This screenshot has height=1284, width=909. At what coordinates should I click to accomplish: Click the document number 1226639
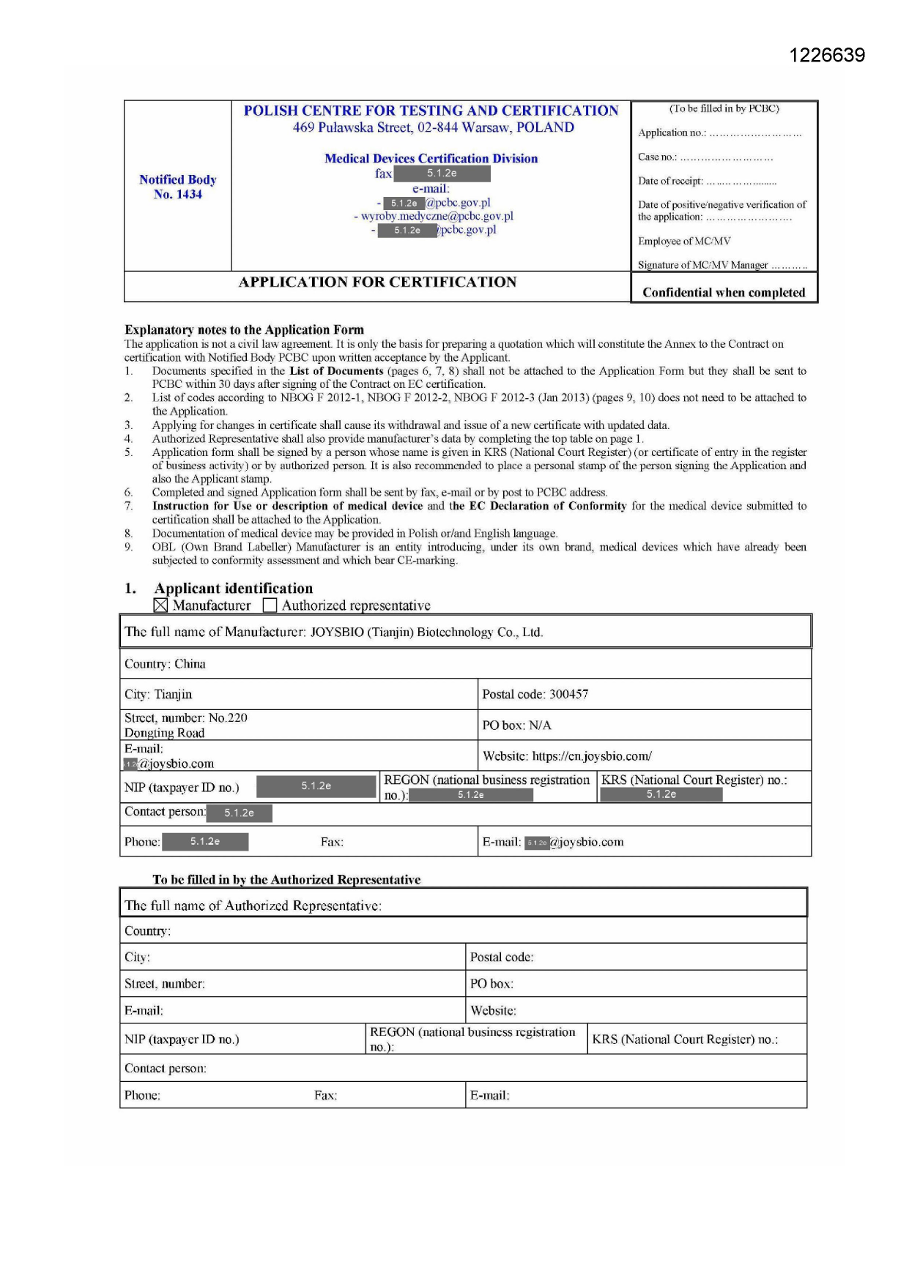[x=827, y=56]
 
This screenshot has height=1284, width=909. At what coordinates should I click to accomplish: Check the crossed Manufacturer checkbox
[x=161, y=605]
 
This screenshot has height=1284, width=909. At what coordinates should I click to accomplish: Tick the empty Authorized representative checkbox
[x=270, y=605]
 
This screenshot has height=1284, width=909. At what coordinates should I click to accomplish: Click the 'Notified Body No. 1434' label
[x=178, y=187]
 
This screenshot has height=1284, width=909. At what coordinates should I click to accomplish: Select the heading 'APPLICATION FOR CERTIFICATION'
[x=377, y=283]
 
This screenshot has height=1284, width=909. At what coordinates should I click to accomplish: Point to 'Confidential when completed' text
[x=724, y=292]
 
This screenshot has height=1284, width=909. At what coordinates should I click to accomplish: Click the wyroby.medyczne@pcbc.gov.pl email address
[x=437, y=216]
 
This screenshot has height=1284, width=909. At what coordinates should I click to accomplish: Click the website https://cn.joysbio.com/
[x=592, y=756]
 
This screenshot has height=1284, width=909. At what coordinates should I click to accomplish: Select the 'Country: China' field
[x=165, y=664]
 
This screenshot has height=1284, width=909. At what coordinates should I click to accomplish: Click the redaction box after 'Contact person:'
[x=239, y=813]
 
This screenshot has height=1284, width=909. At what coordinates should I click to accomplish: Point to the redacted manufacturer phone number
[x=205, y=842]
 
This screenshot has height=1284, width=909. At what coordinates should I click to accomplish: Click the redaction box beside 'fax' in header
[x=442, y=173]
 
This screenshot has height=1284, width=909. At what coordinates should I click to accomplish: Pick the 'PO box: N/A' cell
[x=516, y=725]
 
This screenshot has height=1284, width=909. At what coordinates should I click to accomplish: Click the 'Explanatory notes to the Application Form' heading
[x=244, y=329]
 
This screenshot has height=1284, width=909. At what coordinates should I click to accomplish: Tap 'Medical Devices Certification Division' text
[x=431, y=158]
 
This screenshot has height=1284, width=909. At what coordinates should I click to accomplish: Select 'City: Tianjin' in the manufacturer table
[x=158, y=694]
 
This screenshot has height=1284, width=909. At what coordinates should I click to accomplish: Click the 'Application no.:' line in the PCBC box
[x=719, y=132]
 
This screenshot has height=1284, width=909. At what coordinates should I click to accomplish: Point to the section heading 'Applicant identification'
[x=233, y=589]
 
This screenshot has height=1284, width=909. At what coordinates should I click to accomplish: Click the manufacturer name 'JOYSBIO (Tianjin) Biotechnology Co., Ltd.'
[x=426, y=632]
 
